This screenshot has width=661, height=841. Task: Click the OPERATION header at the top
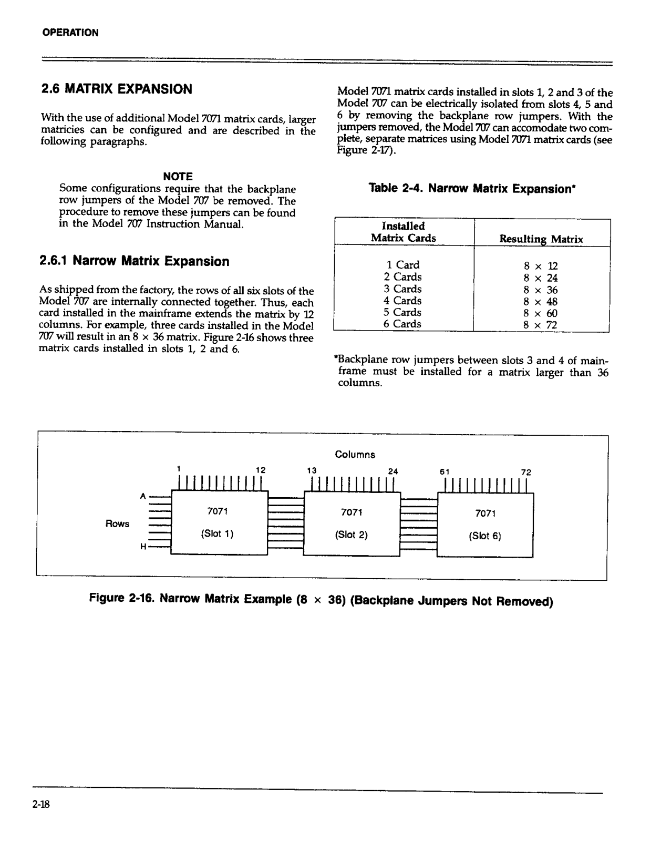click(x=70, y=33)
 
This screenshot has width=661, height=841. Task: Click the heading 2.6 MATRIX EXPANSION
click(x=117, y=89)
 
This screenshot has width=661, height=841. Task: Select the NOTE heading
click(x=178, y=177)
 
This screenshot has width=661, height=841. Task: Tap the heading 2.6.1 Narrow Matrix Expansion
click(x=135, y=261)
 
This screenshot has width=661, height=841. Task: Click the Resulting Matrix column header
click(x=541, y=239)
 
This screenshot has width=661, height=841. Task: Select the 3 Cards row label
click(x=402, y=289)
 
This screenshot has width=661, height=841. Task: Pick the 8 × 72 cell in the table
click(x=540, y=325)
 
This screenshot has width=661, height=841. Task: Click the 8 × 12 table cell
click(x=540, y=266)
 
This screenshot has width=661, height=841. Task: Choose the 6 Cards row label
click(x=402, y=324)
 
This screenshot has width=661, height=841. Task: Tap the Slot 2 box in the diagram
click(x=352, y=524)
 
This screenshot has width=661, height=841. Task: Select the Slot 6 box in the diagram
click(x=485, y=525)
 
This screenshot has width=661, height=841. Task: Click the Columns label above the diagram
click(x=355, y=455)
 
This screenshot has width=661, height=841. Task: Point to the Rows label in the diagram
click(x=117, y=524)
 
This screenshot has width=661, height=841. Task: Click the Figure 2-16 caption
click(x=321, y=600)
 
